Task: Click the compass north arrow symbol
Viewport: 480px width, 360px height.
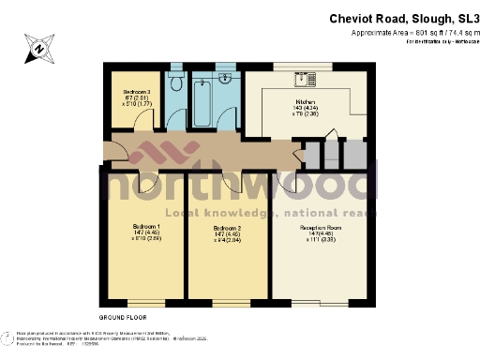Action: coord(39,45)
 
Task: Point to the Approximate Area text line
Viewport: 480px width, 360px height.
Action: coord(410,33)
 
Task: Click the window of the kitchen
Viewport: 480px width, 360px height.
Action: coord(299,65)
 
